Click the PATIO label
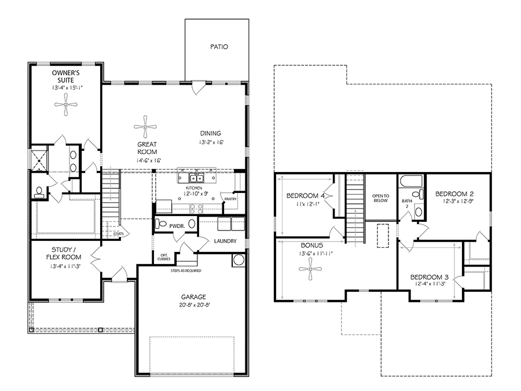click(218, 47)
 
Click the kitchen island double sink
click(196, 176)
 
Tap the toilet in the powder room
click(162, 224)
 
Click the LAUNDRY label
click(225, 241)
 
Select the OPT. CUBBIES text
click(164, 258)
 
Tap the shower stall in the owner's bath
click(39, 158)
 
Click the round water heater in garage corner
click(239, 260)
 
